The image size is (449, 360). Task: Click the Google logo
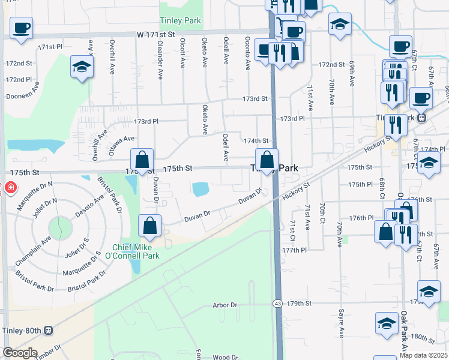click(20, 353)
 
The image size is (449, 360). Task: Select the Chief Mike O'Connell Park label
click(136, 251)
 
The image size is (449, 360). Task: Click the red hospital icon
click(10, 188)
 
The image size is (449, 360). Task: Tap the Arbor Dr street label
click(225, 305)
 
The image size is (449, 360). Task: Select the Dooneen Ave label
click(22, 95)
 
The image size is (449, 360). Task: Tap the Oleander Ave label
click(160, 60)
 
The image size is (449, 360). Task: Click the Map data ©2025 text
click(424, 355)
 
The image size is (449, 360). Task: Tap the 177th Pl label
click(295, 249)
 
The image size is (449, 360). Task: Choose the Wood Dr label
click(225, 358)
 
